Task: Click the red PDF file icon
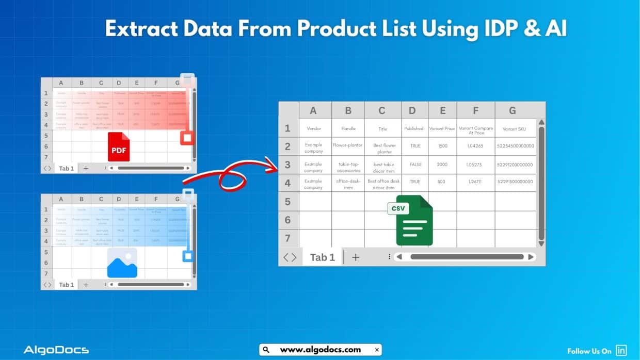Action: point(119,146)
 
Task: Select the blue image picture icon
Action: point(122,263)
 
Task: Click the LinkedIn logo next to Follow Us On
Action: point(621,351)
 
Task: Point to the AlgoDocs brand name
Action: point(56,350)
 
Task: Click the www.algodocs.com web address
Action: point(320,350)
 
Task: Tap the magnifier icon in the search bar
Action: point(266,350)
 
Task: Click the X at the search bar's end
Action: point(377,350)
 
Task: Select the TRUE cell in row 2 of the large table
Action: point(415,146)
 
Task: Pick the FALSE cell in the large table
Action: point(415,165)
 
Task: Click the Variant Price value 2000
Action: point(442,165)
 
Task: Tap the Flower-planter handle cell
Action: point(348,145)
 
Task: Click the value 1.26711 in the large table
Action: point(475,182)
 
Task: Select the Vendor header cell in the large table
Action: point(314,128)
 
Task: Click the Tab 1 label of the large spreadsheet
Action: point(322,257)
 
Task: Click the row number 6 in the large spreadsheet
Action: point(288,220)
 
